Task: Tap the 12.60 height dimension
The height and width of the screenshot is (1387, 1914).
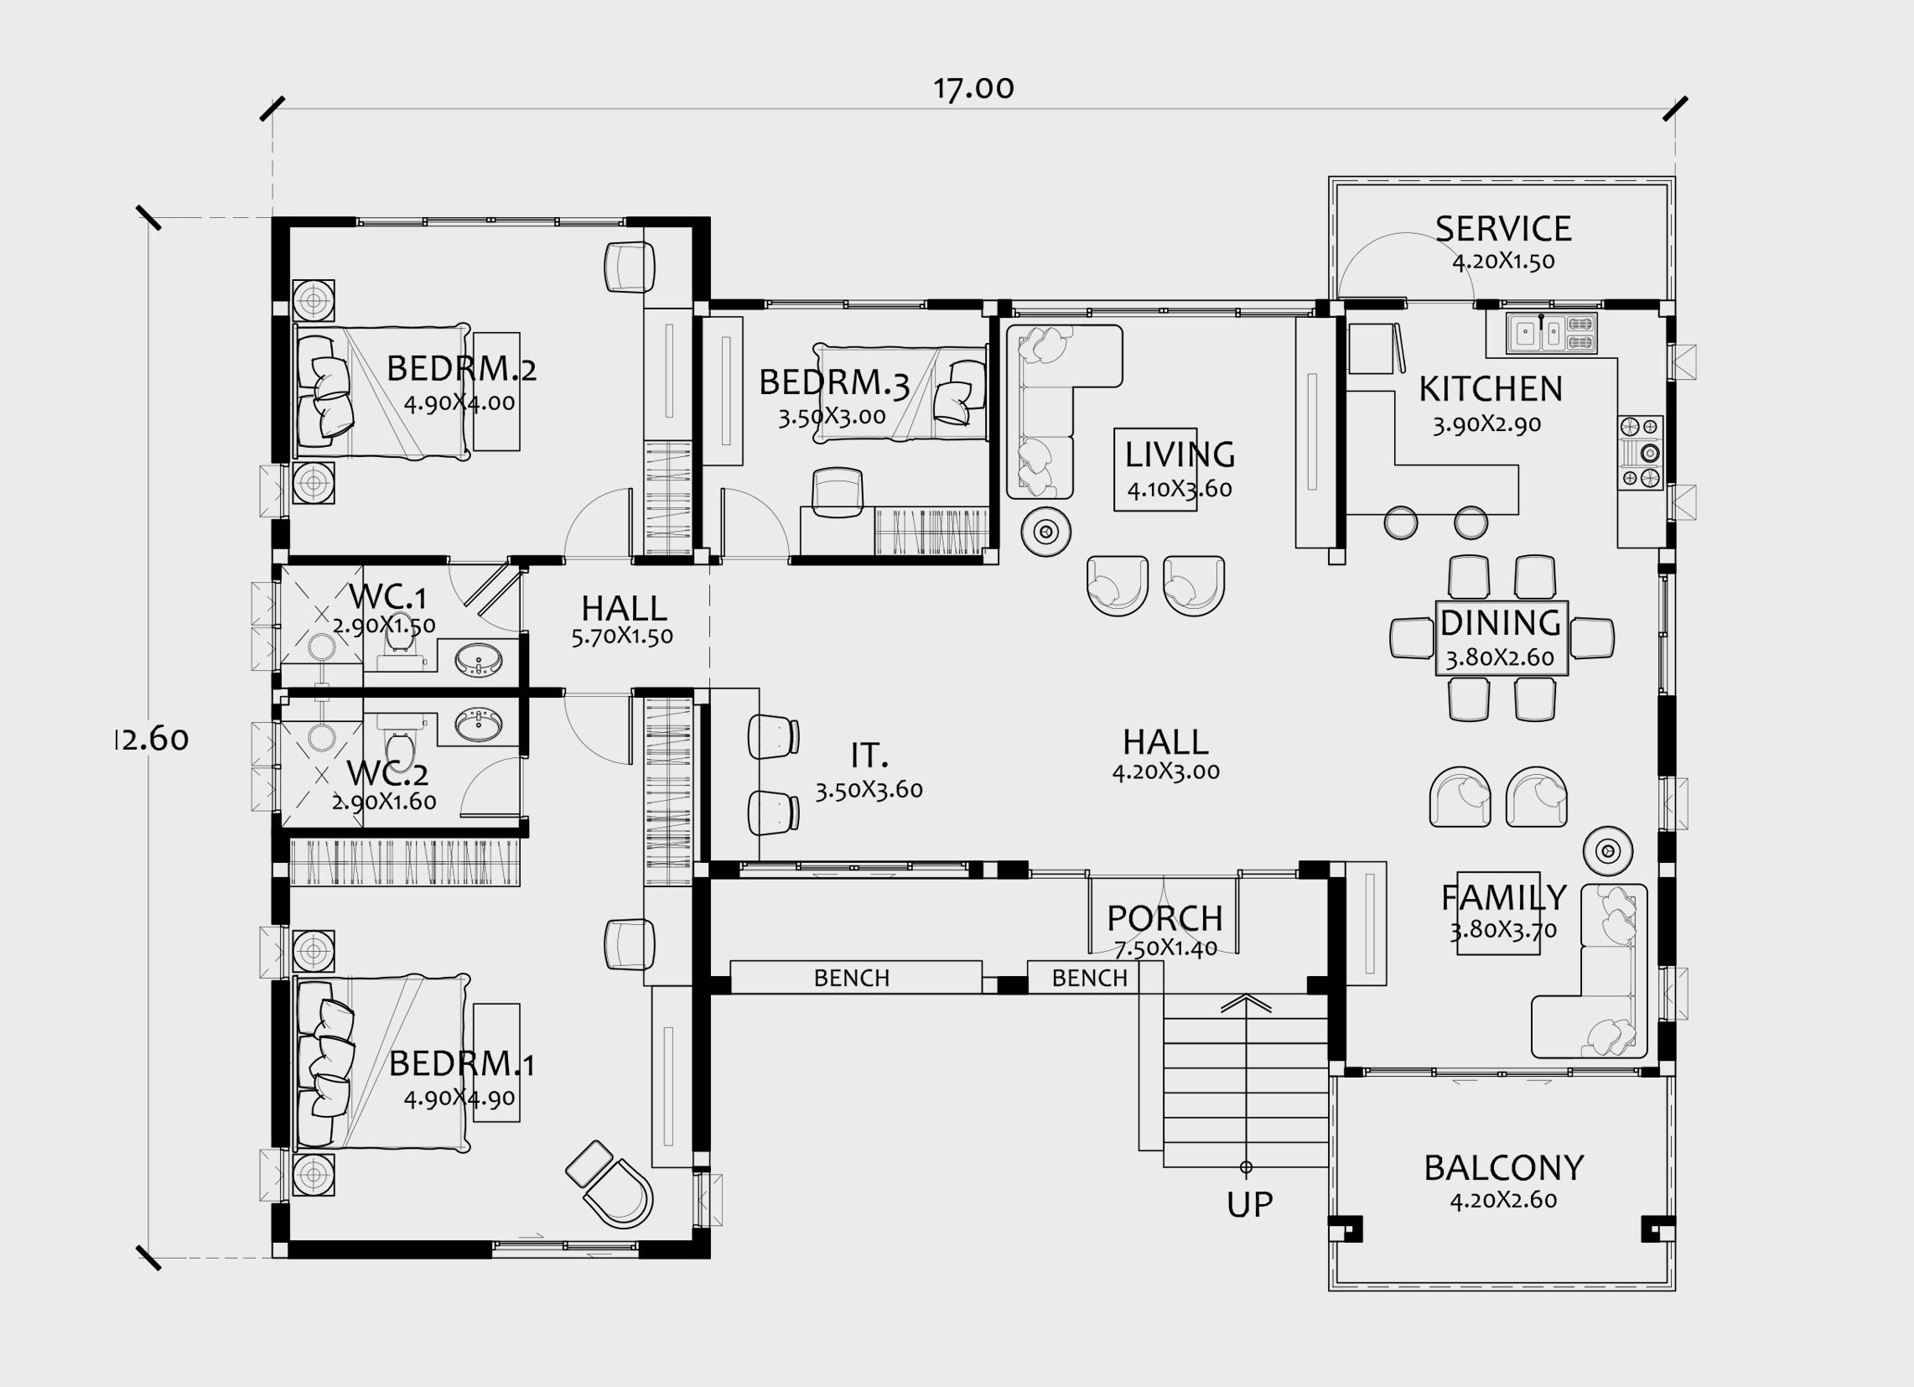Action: click(152, 740)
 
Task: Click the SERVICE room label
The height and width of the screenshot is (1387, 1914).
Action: click(1503, 229)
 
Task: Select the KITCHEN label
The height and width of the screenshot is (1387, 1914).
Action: click(1491, 389)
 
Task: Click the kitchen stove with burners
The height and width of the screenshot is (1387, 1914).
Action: click(1641, 454)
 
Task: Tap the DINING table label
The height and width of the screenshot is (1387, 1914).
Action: click(1502, 623)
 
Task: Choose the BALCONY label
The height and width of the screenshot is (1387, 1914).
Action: click(1504, 1168)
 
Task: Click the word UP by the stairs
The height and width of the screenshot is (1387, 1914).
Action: click(1250, 1206)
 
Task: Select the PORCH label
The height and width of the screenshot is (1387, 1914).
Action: click(1164, 917)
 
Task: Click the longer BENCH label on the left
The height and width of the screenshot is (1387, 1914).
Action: click(852, 979)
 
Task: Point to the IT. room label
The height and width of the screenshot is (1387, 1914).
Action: click(869, 755)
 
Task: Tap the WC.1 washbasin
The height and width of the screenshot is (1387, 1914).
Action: click(479, 659)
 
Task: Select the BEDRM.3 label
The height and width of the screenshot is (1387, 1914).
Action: click(834, 382)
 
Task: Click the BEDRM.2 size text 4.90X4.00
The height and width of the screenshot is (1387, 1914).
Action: click(459, 403)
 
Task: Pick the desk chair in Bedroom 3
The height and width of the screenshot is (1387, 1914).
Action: click(838, 492)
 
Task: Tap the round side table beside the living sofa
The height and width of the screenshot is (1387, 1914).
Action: click(1046, 532)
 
